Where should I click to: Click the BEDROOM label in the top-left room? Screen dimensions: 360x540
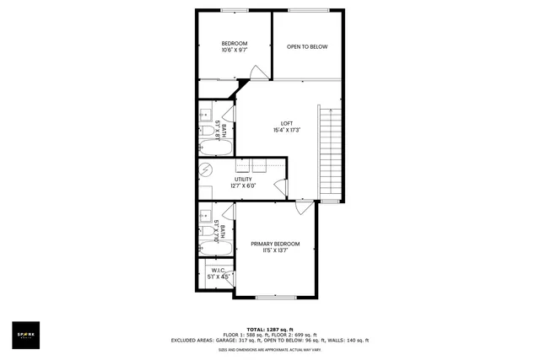tap(234, 43)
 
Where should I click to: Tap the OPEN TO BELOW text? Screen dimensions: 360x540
tap(307, 46)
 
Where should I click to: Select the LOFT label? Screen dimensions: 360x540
tap(287, 123)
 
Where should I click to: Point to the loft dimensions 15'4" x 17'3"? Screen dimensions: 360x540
tap(287, 131)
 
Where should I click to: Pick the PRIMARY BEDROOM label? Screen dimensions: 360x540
tap(275, 244)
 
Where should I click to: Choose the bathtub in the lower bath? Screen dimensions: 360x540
tap(208, 248)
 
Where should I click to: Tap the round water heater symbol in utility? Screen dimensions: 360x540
tap(206, 169)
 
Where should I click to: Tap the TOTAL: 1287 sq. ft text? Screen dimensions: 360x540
tap(269, 329)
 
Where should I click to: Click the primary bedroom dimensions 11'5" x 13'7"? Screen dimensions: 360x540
tap(275, 251)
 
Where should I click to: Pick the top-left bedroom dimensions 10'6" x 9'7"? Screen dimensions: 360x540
tap(234, 51)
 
